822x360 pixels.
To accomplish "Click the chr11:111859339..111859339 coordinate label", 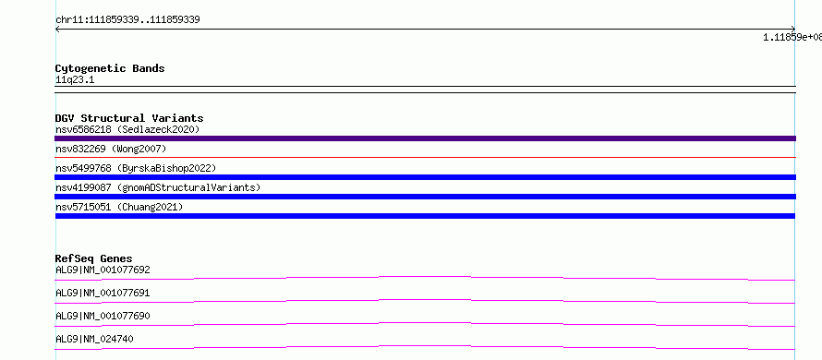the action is coord(127,20).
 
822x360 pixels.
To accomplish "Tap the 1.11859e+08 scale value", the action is coord(792,37).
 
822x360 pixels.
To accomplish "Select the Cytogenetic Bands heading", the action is coord(110,68).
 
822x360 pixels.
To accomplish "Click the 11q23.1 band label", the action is coord(75,80).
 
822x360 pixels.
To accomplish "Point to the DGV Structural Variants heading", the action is coord(129,118).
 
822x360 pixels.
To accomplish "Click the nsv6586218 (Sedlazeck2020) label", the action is coord(127,129).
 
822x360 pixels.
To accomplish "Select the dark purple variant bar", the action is coord(425,138).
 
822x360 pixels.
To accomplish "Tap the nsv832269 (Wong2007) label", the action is coord(111,149).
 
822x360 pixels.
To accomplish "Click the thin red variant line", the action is coord(425,157).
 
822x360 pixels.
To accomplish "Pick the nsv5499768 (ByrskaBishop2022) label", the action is coord(136,168).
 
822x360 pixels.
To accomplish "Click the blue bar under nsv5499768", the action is coord(425,177).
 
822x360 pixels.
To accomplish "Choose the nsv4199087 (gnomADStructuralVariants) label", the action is coord(158,187).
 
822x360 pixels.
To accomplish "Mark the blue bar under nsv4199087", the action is coord(425,197).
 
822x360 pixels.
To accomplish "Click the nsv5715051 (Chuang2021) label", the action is coord(119,207).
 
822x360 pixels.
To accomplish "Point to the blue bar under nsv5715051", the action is coord(425,216).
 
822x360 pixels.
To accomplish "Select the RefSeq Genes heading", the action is coord(94,258).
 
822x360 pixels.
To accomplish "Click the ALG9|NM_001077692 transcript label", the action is coord(103,270).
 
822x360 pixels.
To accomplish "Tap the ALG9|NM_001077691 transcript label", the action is coord(103,293).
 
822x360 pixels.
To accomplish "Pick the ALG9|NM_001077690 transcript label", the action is coord(103,316).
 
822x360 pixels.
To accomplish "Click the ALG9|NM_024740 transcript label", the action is coord(94,339).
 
